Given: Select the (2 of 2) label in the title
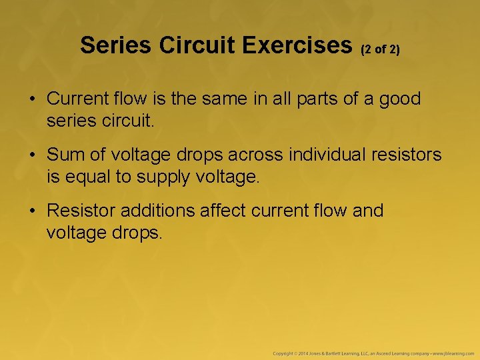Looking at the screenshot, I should [380, 49].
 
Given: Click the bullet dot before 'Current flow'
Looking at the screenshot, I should [32, 99].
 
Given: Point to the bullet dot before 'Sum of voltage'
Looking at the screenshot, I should [32, 155].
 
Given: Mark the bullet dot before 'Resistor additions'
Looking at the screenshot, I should [32, 211].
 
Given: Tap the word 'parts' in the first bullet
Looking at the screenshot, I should [324, 99].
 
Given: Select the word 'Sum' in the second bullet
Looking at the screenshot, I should [63, 155].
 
